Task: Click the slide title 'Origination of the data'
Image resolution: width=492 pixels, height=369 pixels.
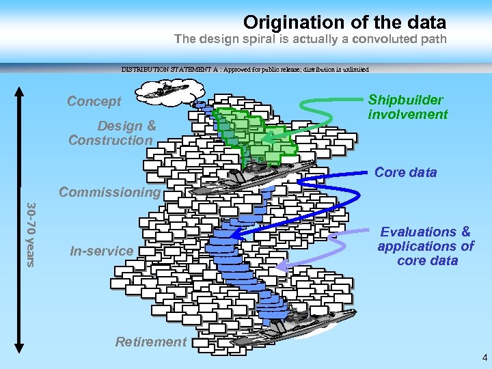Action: click(344, 23)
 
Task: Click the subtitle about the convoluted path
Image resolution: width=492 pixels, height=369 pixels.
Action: click(310, 39)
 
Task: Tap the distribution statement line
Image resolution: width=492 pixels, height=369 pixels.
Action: click(245, 69)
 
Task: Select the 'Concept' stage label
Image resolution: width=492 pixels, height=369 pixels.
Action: click(94, 101)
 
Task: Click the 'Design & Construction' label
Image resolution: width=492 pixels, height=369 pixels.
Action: click(111, 133)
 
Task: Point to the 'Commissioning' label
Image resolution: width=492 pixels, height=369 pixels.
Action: click(109, 192)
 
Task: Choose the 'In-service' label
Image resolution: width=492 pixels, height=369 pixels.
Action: click(102, 251)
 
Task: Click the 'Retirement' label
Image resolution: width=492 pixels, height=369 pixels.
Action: click(150, 342)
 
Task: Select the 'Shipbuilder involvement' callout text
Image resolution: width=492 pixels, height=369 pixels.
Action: click(407, 107)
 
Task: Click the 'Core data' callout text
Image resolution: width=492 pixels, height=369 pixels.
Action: click(405, 172)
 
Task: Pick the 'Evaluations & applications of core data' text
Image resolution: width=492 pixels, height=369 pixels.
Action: click(425, 246)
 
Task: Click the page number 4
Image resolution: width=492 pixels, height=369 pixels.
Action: click(484, 357)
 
